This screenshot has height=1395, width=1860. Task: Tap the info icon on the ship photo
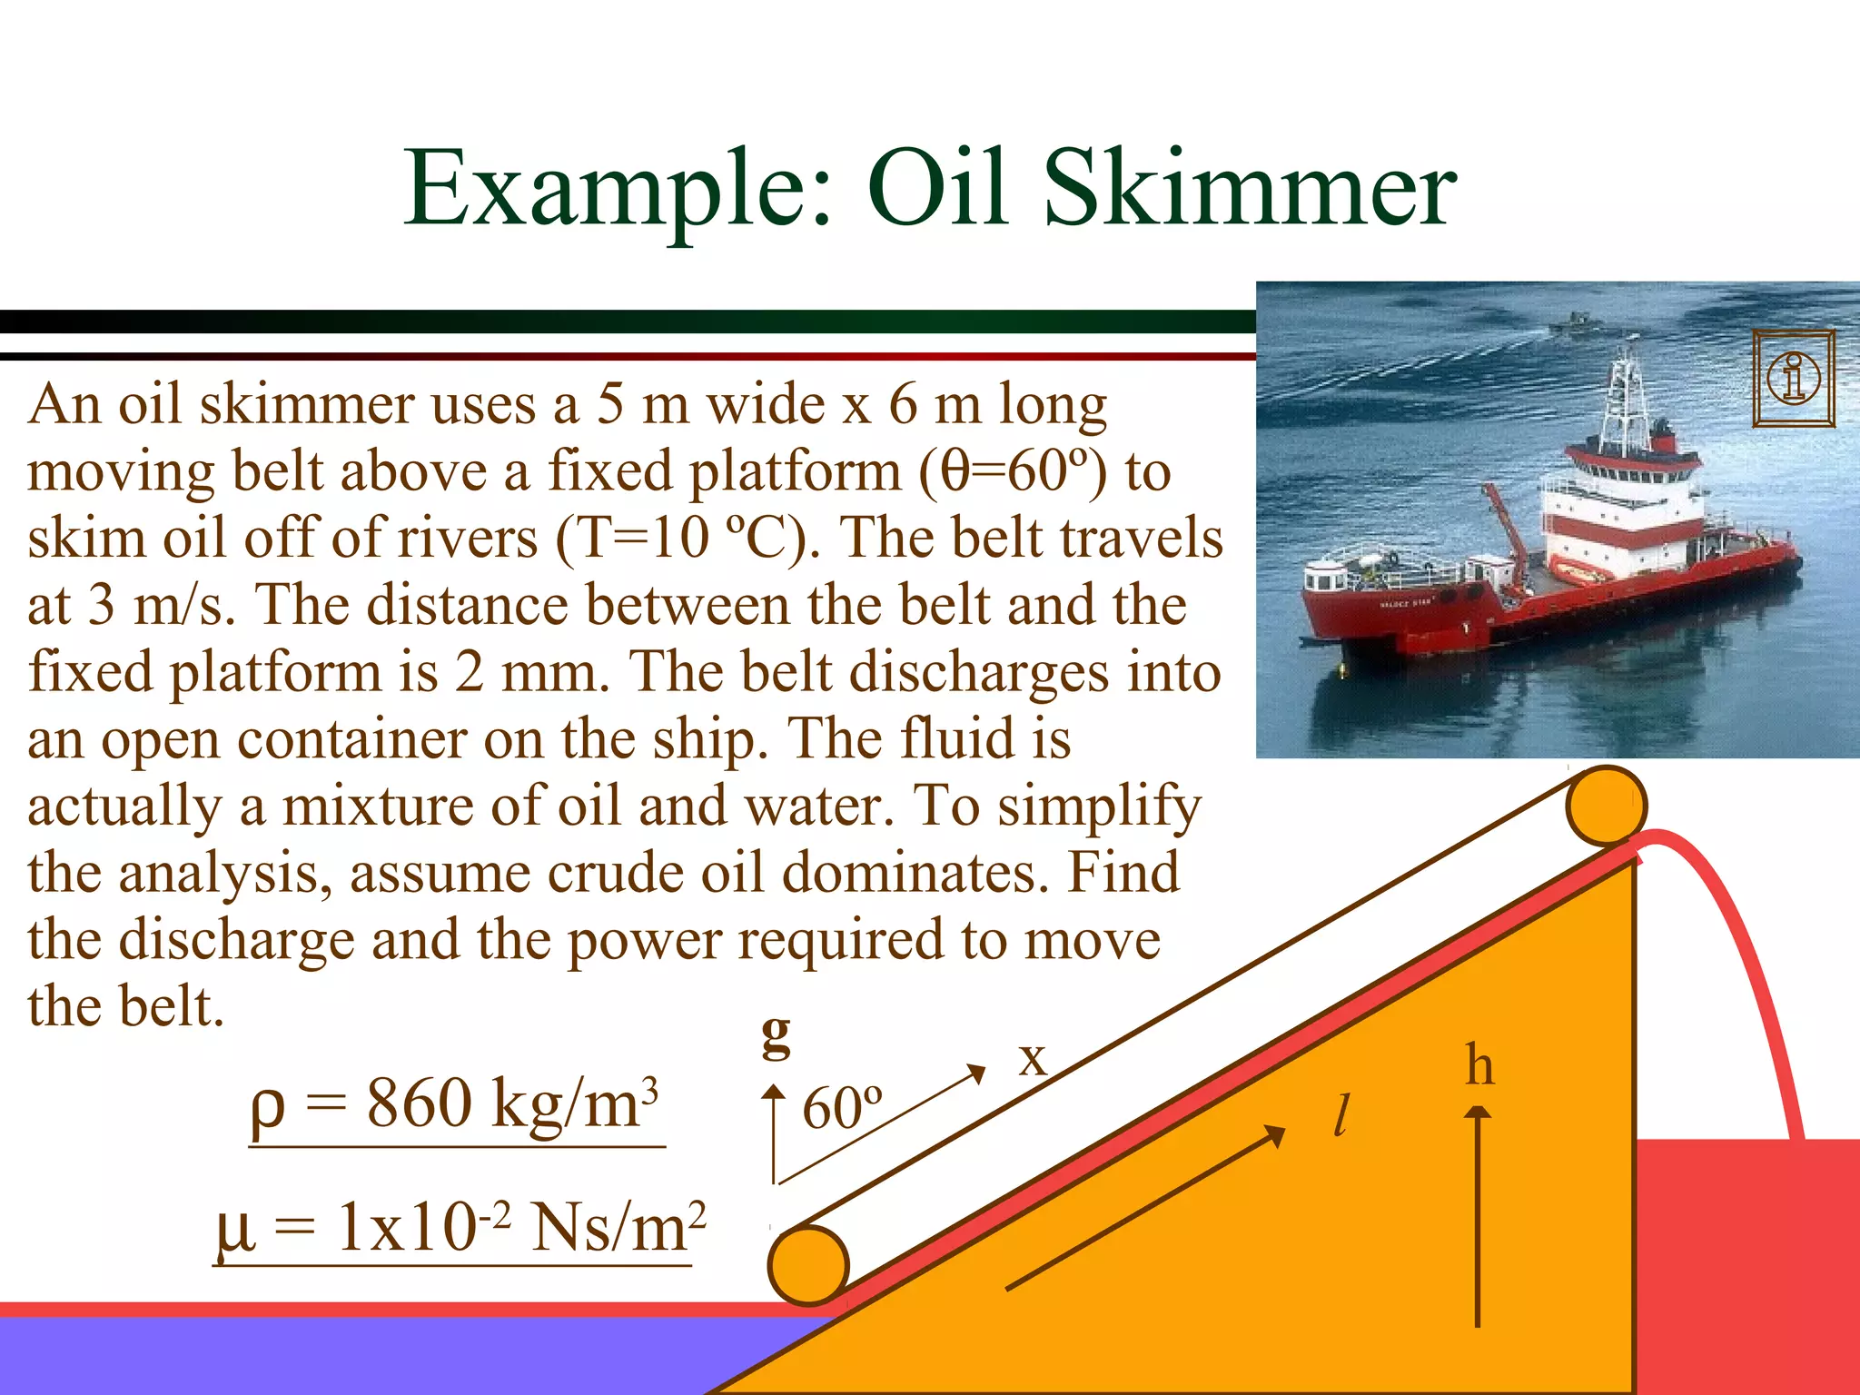point(1793,378)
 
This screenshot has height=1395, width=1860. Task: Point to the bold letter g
point(777,1034)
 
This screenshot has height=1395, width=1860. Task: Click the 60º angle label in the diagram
point(842,1109)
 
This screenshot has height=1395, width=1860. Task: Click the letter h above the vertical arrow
point(1479,1065)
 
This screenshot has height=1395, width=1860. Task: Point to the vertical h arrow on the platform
point(1479,1217)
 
